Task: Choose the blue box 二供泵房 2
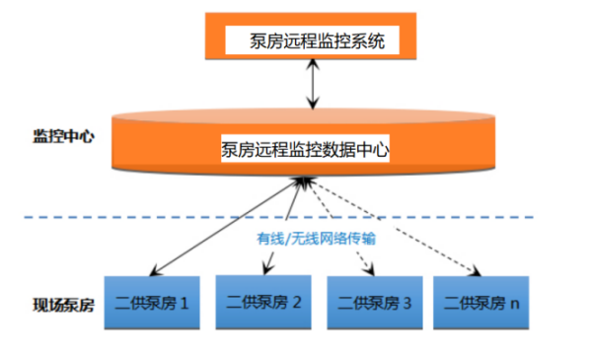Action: [x=263, y=303]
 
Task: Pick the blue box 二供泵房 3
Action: [x=374, y=303]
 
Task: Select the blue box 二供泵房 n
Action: [x=482, y=303]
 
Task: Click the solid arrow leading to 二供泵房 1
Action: [x=227, y=228]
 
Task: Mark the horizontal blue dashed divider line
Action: [x=148, y=217]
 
